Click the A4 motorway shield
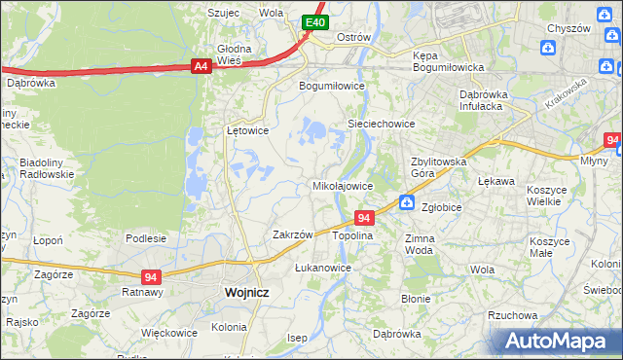click(x=201, y=66)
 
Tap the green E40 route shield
click(x=313, y=22)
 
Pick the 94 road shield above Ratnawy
click(x=150, y=276)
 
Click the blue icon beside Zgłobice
click(x=407, y=203)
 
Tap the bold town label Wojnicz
click(x=246, y=292)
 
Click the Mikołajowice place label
click(x=342, y=185)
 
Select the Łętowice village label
click(x=247, y=129)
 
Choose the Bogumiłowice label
click(x=330, y=85)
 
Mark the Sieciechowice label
click(x=383, y=125)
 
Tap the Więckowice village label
click(x=169, y=332)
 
